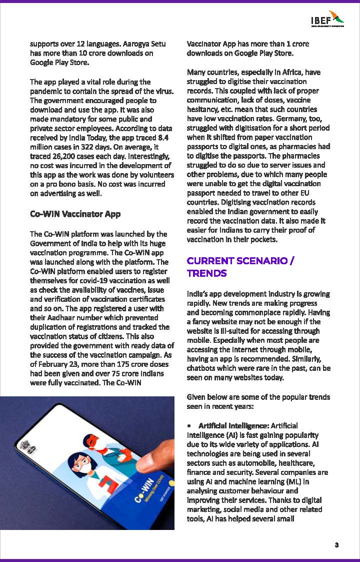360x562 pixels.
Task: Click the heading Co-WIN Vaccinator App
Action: coord(75,214)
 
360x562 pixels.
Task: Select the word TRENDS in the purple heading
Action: coord(206,273)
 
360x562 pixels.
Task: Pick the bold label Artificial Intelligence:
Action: coord(233,425)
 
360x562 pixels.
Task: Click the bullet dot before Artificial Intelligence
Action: coord(189,425)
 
